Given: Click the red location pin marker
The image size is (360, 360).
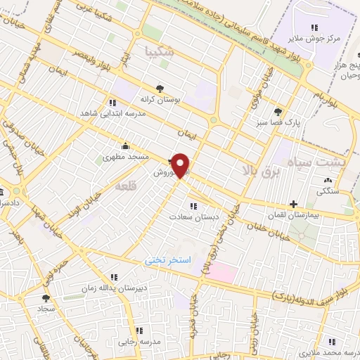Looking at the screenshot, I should [x=181, y=165].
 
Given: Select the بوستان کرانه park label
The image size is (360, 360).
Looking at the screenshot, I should [x=160, y=99].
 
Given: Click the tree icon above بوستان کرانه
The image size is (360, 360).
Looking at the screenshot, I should [x=160, y=88].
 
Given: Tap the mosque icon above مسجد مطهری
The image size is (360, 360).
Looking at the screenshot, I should [x=125, y=146].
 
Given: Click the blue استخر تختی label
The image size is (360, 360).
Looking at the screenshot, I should [x=168, y=259].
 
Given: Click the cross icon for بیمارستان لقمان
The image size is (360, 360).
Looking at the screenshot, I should [x=294, y=204].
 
